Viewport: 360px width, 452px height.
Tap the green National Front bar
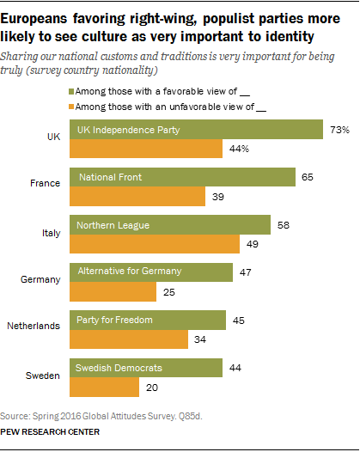point(180,177)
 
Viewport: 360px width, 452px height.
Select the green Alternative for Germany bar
point(151,272)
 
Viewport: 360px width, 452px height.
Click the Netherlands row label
point(33,327)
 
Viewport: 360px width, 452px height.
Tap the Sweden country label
point(43,374)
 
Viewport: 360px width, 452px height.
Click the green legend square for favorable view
point(70,90)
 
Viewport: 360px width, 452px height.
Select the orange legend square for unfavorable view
point(70,106)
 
